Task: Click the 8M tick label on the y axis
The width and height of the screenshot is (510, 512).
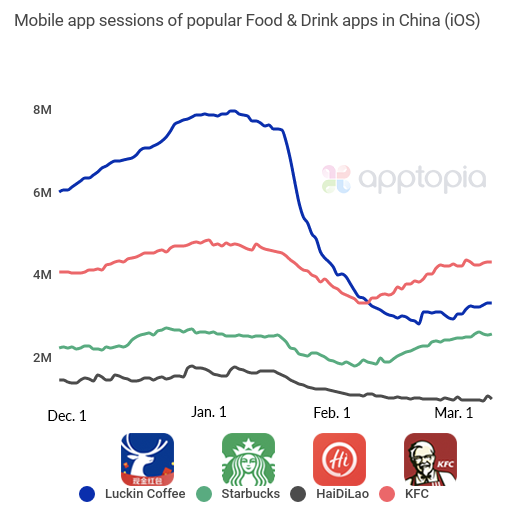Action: click(x=42, y=109)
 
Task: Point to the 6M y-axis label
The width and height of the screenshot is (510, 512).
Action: click(x=42, y=192)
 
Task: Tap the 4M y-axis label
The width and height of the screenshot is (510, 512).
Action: click(x=42, y=274)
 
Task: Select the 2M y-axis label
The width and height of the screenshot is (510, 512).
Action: click(x=42, y=357)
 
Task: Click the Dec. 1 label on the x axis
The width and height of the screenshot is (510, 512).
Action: click(x=67, y=414)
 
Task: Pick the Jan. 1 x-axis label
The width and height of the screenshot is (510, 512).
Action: click(x=208, y=411)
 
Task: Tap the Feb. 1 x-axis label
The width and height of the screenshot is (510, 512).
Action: click(x=332, y=412)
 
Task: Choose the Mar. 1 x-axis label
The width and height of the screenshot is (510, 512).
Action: click(x=454, y=412)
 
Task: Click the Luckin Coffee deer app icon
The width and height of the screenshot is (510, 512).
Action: click(x=147, y=459)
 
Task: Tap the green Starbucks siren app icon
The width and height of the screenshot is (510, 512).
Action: click(x=247, y=459)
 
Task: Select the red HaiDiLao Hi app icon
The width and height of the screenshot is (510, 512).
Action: click(x=339, y=459)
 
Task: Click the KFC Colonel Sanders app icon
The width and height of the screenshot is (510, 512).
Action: click(x=430, y=459)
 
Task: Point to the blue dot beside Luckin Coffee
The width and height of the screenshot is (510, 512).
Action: click(x=87, y=494)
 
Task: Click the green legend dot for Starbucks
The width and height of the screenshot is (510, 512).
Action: click(x=204, y=494)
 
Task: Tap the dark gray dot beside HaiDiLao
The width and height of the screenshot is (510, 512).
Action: click(x=297, y=494)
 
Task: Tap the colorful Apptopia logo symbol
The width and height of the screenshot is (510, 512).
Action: click(x=336, y=180)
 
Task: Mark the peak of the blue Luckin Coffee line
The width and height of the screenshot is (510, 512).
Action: click(x=232, y=111)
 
